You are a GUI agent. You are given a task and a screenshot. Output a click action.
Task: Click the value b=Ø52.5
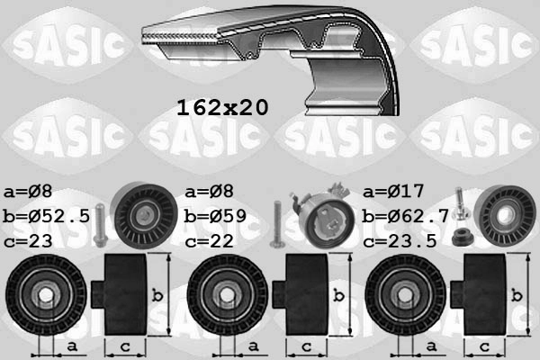click(x=47, y=217)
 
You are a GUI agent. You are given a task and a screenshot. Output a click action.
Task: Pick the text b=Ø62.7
click(x=406, y=217)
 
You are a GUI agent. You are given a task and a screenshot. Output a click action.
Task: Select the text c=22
click(x=210, y=240)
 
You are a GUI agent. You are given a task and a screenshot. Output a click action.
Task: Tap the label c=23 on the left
click(x=30, y=240)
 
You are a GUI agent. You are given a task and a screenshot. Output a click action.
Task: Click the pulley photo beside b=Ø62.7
click(x=503, y=217)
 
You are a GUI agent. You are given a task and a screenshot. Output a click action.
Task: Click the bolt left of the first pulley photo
click(x=98, y=224)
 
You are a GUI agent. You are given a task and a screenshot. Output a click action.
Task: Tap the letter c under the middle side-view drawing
click(x=305, y=346)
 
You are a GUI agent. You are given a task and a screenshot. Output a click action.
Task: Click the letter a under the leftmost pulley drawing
click(x=72, y=346)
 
